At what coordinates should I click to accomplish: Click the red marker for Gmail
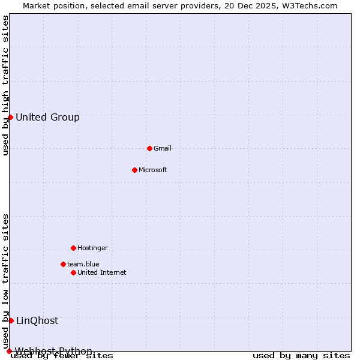coord(149,148)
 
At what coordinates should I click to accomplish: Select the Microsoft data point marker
coord(134,170)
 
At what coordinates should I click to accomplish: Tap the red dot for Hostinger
coord(73,248)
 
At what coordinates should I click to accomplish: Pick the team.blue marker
coord(63,264)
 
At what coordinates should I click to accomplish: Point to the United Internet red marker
coord(73,272)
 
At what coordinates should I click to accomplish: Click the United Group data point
coord(10,117)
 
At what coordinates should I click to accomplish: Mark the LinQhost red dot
coord(11,320)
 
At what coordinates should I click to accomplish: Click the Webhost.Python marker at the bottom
coord(9,351)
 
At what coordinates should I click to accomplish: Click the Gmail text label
coord(163,148)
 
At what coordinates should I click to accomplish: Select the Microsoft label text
coord(153,170)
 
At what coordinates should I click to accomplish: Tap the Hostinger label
coord(92,248)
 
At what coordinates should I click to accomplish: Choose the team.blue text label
coord(83,264)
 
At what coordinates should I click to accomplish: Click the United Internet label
coord(102,272)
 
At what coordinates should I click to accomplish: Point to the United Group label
coord(47,117)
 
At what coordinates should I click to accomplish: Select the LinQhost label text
coord(37,320)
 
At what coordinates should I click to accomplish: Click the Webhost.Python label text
coord(53,351)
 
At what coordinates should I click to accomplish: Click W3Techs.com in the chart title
coord(308,6)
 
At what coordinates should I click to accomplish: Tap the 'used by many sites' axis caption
coord(301,356)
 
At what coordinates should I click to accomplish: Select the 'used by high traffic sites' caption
coord(6,85)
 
